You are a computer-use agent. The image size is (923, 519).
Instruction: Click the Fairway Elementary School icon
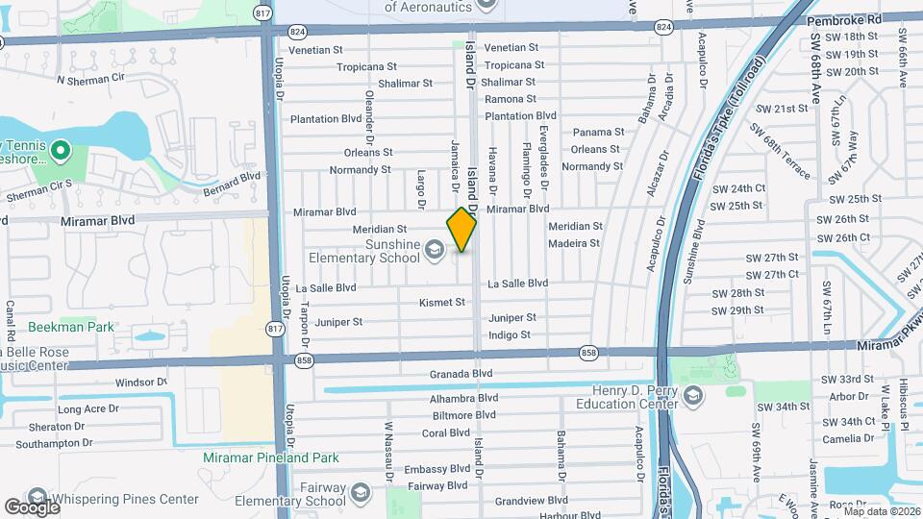click(x=360, y=494)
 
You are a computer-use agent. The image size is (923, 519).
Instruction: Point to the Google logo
click(x=32, y=507)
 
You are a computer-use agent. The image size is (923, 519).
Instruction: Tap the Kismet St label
click(x=442, y=302)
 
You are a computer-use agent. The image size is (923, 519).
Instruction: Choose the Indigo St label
click(x=510, y=334)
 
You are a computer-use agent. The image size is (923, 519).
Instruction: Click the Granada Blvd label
click(x=461, y=374)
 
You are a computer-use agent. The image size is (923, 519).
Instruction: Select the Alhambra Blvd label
click(x=464, y=397)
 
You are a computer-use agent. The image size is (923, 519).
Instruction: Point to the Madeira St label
click(x=574, y=243)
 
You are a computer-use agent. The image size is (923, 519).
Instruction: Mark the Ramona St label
click(x=510, y=99)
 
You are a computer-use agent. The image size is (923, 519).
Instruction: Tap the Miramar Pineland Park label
click(x=264, y=457)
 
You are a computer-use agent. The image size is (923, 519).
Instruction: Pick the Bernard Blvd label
click(x=232, y=183)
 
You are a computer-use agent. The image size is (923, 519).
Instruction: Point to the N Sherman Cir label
click(x=91, y=79)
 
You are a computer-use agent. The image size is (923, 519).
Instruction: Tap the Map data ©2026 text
click(x=877, y=511)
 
